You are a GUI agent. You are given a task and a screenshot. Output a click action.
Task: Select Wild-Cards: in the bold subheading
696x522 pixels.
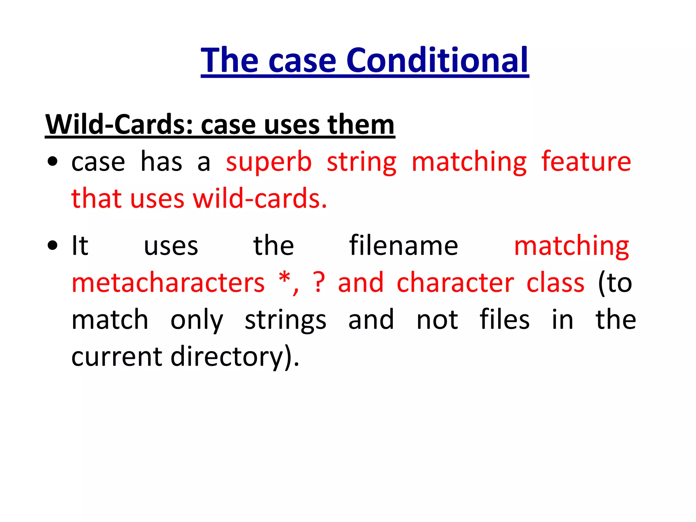coord(119,124)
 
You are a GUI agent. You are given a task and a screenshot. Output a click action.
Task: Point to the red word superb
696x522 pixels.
coord(268,162)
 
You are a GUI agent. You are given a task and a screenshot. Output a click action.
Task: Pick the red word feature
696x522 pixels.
coord(586,161)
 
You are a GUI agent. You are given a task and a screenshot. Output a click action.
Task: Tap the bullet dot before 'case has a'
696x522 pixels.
coord(53,161)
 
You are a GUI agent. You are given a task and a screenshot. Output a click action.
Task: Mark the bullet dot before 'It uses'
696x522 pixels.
coord(53,245)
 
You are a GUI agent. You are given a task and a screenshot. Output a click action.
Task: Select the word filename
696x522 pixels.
coord(403,245)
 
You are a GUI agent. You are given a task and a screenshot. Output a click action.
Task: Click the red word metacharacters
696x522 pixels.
coord(168,283)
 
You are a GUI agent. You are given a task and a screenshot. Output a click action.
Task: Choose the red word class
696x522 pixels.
coord(555,283)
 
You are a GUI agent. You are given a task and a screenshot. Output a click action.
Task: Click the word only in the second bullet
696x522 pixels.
coord(196,320)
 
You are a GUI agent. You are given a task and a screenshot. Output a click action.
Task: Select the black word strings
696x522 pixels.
coord(285,320)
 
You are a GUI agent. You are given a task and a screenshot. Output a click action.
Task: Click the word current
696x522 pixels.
coord(117,357)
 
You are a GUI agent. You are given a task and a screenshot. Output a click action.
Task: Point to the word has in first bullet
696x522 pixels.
coord(161,161)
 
